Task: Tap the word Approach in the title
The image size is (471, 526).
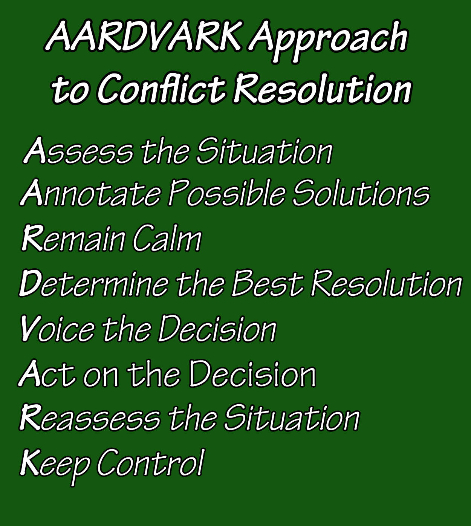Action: (329, 41)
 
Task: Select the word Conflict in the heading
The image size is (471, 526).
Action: (161, 88)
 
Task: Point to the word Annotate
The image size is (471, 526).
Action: (90, 193)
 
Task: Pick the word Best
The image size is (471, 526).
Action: (268, 283)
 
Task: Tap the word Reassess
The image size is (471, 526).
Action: (90, 417)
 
